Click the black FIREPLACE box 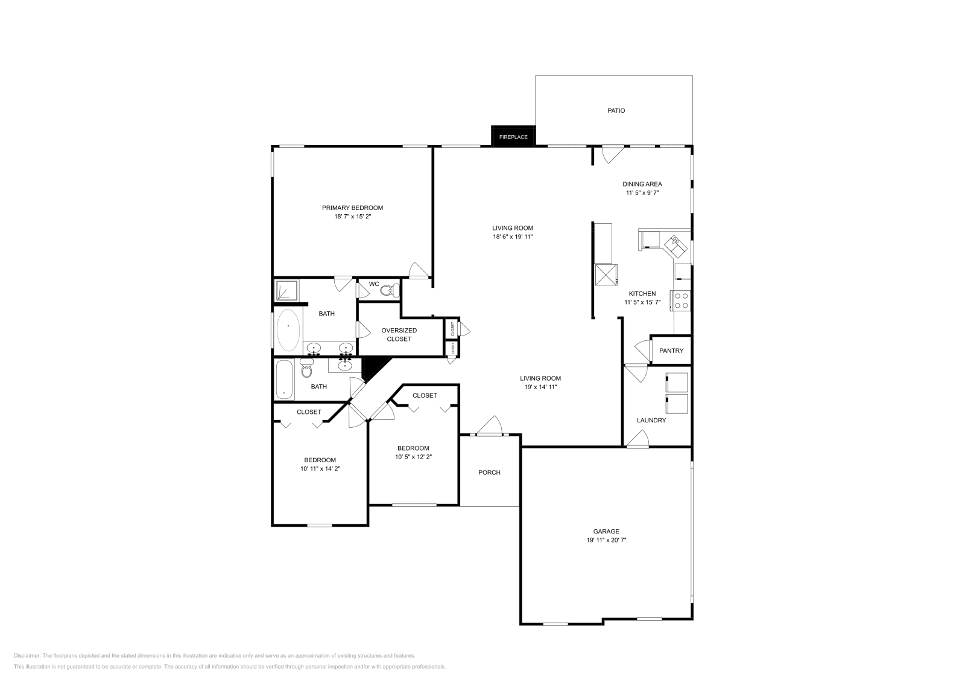(x=513, y=136)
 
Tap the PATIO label (x=616, y=110)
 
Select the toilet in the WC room (x=388, y=291)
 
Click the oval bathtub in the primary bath (x=288, y=331)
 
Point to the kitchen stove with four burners (x=682, y=300)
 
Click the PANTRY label (x=671, y=351)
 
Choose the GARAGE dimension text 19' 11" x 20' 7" (x=606, y=541)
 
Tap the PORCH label (x=489, y=472)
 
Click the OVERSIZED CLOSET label (x=399, y=334)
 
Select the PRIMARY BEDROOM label (x=352, y=208)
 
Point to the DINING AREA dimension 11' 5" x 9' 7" (x=642, y=193)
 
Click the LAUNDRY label (x=651, y=420)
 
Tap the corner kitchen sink (x=675, y=244)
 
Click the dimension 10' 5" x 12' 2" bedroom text (x=413, y=457)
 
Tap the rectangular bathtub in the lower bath (x=284, y=380)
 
